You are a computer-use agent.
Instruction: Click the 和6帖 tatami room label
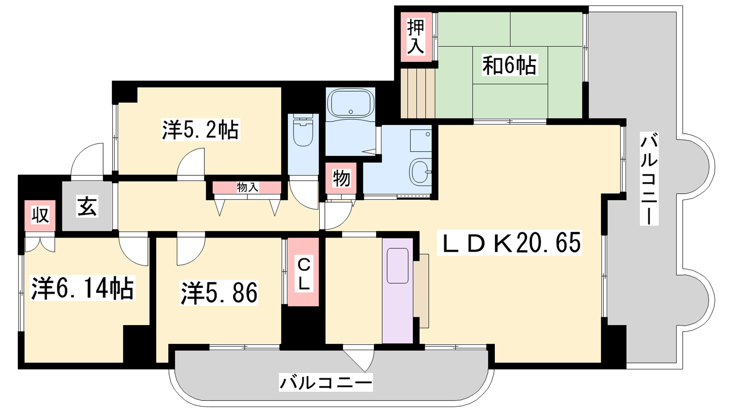point(509,66)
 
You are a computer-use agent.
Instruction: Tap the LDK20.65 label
point(509,243)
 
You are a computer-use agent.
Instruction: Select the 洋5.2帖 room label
point(201,130)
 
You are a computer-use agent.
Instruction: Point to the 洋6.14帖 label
point(82,289)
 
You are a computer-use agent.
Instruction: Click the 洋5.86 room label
point(219,293)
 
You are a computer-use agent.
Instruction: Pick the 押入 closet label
point(416,37)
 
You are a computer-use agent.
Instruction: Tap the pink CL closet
point(303,272)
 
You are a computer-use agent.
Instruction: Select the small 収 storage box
point(40,216)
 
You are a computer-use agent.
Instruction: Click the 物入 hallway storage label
point(248,188)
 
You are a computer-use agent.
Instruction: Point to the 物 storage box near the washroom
point(341,179)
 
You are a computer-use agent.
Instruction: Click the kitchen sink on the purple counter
point(398,266)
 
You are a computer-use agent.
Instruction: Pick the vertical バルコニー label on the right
point(649,179)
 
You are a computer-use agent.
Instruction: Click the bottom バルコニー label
point(326,382)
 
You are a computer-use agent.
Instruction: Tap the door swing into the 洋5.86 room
point(191,249)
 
